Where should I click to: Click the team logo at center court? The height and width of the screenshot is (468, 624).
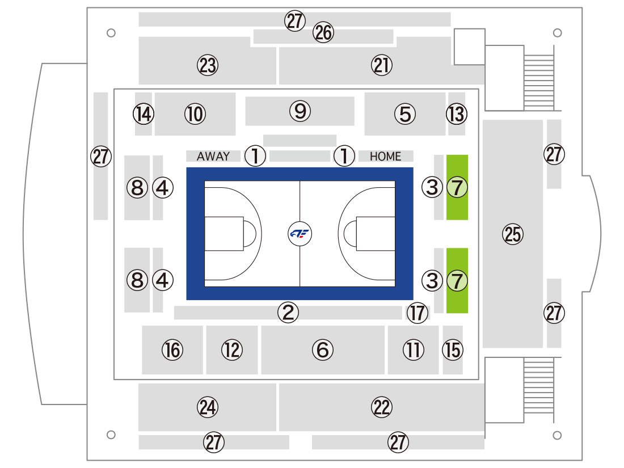(300, 234)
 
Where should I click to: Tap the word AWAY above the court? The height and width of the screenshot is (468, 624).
(213, 157)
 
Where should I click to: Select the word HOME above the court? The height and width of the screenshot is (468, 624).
(385, 157)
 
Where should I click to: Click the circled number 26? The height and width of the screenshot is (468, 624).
(323, 32)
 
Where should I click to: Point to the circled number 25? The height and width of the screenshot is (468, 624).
(513, 234)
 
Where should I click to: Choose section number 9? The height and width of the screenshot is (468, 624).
(300, 111)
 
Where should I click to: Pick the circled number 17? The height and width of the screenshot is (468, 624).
(418, 313)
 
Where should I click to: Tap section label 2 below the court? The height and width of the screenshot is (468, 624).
(288, 313)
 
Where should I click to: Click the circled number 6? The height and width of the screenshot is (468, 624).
(323, 350)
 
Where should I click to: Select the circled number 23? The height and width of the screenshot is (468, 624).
(208, 65)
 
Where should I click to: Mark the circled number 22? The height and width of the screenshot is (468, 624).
(382, 407)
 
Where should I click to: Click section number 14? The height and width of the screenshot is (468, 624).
(144, 114)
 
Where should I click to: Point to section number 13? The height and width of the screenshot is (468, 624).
(457, 114)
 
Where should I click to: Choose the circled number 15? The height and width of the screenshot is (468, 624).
(453, 350)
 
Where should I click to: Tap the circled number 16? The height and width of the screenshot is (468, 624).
(172, 350)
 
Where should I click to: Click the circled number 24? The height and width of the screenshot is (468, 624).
(208, 407)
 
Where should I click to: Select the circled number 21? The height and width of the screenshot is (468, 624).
(382, 65)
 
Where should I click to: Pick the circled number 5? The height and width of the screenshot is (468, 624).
(405, 114)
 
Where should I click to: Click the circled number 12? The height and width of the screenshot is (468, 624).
(232, 350)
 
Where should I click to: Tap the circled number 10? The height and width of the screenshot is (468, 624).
(195, 114)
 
